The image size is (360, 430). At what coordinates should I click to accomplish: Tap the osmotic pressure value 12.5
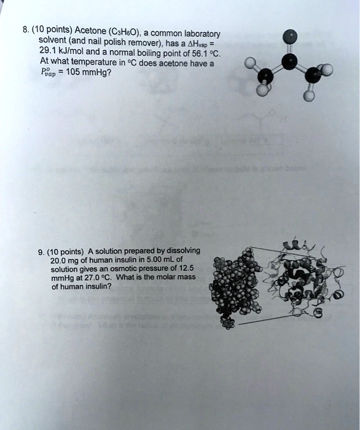click(x=184, y=268)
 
